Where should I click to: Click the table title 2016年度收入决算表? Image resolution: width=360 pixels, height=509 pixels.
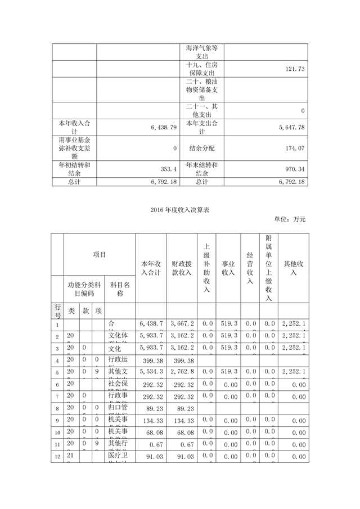179,210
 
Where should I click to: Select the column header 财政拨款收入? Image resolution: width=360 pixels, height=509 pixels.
183,268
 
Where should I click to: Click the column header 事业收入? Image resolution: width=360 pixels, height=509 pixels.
228,268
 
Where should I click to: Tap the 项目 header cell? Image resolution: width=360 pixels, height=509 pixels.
100,254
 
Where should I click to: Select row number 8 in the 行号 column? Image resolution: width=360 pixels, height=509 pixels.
58,407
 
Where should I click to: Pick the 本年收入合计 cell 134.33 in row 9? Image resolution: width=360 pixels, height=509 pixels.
151,420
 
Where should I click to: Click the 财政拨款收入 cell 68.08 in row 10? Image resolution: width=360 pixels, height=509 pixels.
183,433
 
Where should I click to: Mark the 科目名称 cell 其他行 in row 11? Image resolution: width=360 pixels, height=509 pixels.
119,444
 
